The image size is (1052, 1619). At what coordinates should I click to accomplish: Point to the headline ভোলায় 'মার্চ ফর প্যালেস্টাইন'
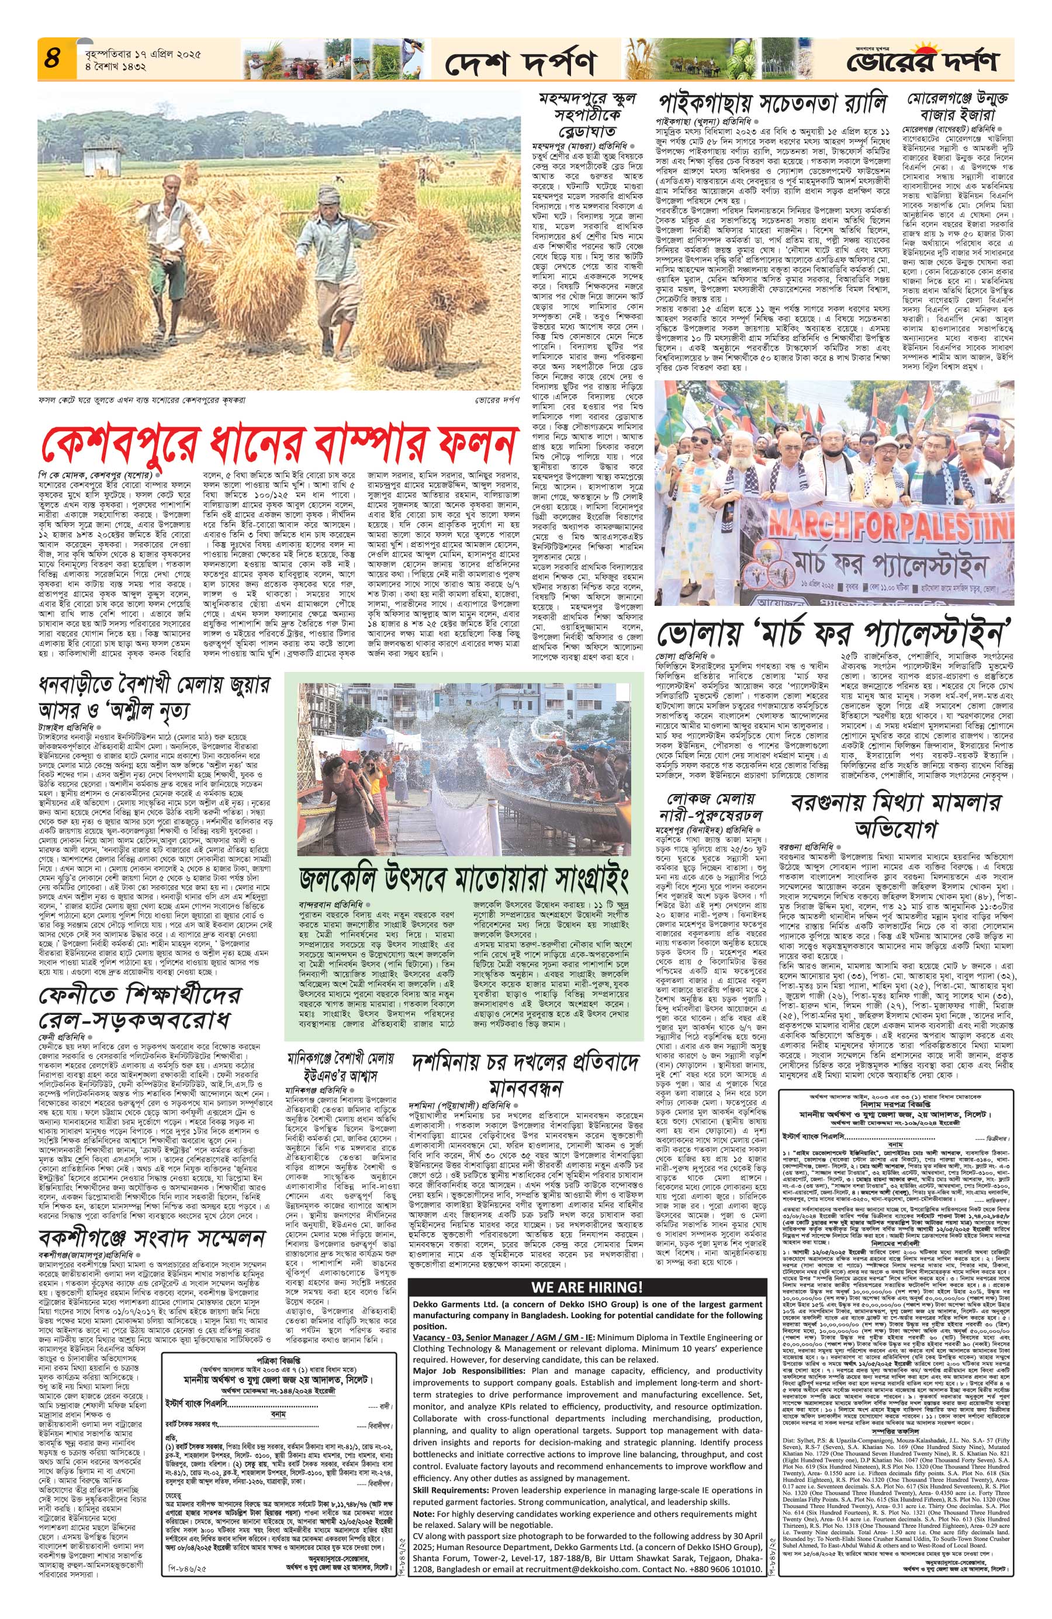(x=830, y=633)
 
